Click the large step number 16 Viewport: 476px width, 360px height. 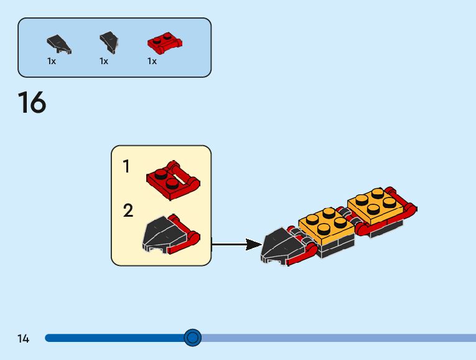(32, 103)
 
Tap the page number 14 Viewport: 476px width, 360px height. (23, 339)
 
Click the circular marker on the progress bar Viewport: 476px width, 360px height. (193, 338)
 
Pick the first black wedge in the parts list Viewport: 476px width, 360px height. (58, 44)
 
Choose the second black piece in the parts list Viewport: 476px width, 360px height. (108, 42)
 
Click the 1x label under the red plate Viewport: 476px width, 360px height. (152, 61)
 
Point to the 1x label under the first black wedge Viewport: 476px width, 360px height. (52, 61)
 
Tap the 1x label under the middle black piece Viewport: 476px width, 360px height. (104, 61)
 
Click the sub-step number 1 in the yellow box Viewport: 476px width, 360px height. (127, 167)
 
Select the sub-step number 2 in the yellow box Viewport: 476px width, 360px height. (128, 211)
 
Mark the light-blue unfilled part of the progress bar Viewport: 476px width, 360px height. (336, 338)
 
